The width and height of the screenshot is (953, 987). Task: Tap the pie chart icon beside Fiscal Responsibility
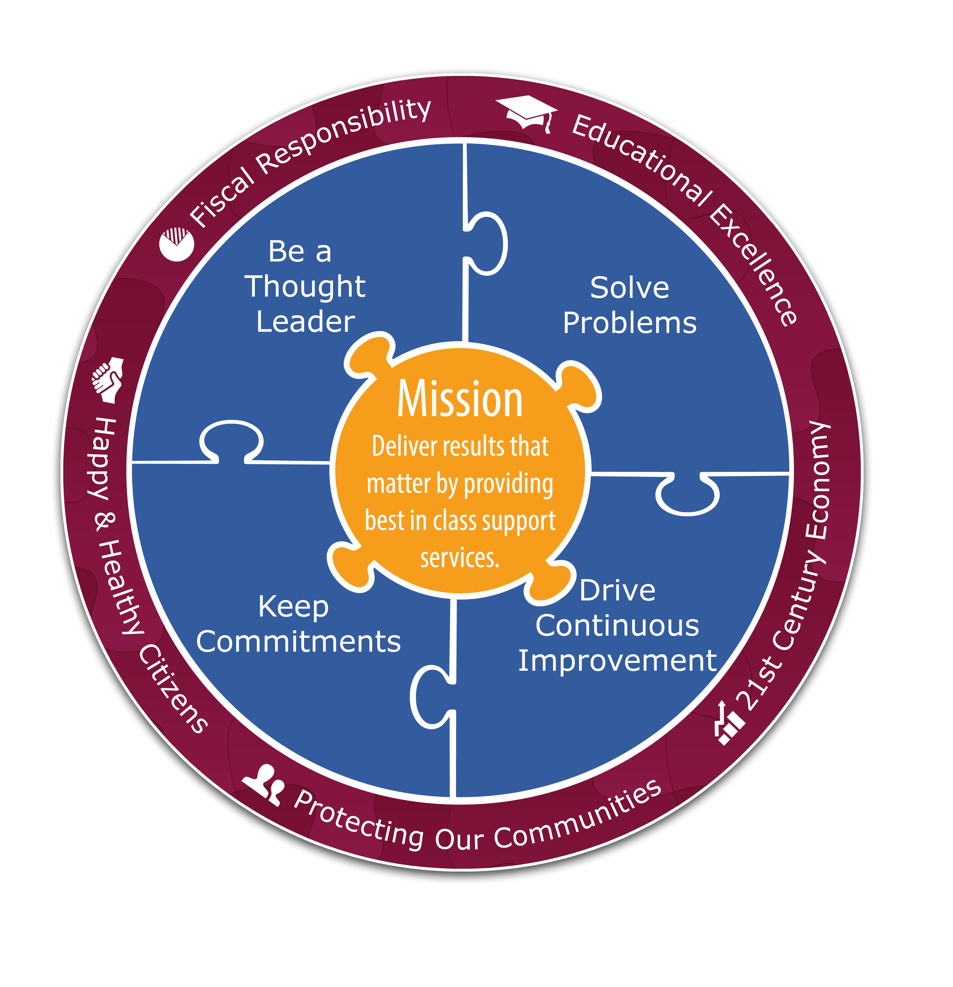(x=176, y=244)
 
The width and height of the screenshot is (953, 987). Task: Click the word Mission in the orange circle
(x=460, y=399)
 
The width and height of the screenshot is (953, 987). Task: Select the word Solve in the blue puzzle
(x=630, y=288)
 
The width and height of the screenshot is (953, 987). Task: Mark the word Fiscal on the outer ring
(x=222, y=196)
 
